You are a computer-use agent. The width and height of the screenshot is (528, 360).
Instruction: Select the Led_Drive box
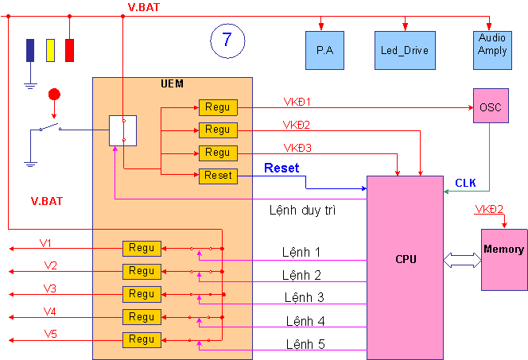point(404,49)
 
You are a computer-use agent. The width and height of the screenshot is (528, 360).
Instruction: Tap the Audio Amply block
point(492,45)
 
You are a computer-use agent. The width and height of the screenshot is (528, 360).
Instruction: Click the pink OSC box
point(491,106)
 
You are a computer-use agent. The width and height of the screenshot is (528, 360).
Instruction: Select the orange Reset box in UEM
point(217,175)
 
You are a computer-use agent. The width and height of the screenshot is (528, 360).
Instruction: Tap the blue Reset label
point(281,168)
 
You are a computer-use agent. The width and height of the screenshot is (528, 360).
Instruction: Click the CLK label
point(466,183)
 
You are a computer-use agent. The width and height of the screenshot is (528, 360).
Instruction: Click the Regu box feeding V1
point(142,248)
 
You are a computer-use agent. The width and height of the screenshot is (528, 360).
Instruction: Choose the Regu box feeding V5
point(142,339)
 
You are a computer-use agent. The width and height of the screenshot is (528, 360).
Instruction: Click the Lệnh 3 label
point(304,297)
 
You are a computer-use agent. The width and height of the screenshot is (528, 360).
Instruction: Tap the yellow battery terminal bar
point(50,49)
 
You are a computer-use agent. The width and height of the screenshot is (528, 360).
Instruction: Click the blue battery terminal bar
point(30,49)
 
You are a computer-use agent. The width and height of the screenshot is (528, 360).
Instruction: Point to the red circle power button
point(54,95)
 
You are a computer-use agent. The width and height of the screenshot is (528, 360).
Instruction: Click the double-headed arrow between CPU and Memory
point(460,259)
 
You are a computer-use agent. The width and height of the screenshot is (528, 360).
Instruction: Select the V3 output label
point(49,288)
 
